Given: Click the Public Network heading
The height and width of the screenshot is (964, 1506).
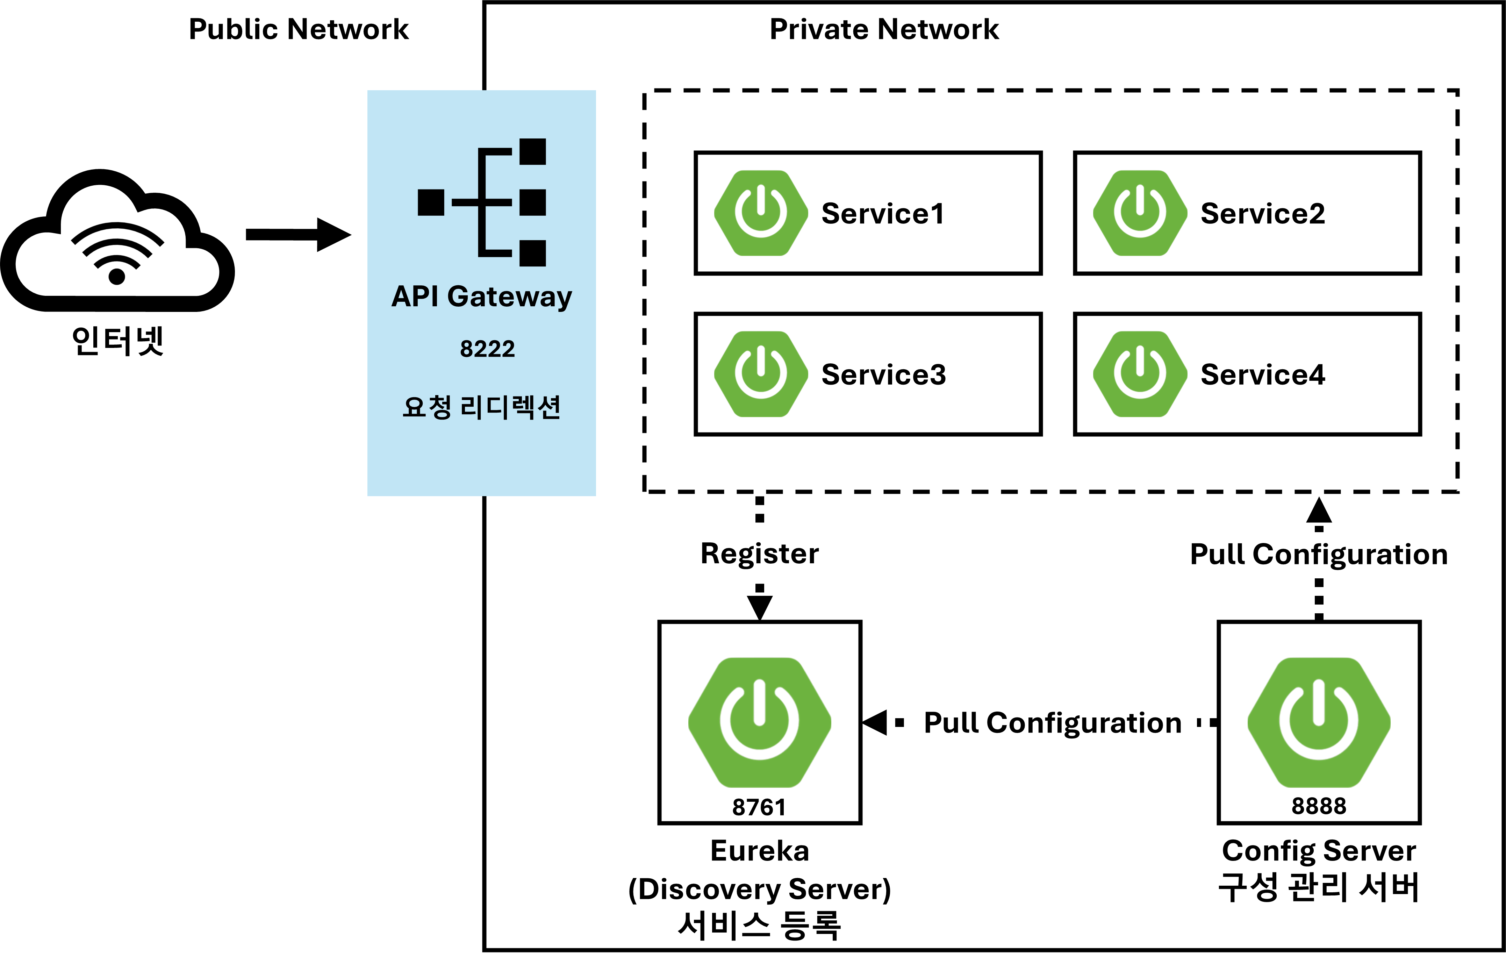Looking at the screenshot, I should pos(299,29).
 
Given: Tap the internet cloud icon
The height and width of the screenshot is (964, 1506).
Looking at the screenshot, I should pos(117,241).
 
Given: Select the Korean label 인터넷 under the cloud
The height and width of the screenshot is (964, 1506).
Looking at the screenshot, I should pos(117,341).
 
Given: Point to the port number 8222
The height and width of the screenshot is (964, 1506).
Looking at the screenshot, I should pos(487,349).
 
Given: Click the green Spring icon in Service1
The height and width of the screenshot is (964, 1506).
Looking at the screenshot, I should pos(761,213).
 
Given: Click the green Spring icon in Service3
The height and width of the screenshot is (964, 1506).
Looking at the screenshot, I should pos(761,374).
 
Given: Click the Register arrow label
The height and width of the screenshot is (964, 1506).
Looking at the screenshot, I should pos(759,554).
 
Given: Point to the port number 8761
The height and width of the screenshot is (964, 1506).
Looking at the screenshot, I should pos(759,807).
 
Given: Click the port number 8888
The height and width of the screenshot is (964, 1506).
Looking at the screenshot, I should pos(1318,806).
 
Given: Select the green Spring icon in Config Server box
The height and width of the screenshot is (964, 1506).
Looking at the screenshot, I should pos(1318,722).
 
